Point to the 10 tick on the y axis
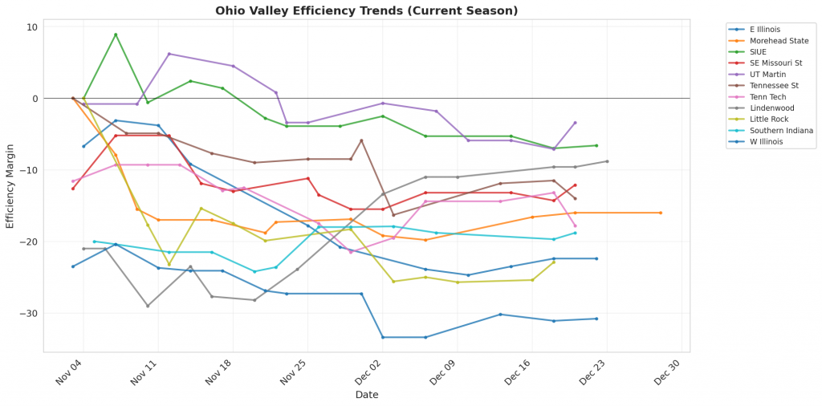coord(31,27)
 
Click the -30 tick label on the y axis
coord(29,314)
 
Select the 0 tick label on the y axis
coord(35,99)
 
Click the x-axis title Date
coord(366,395)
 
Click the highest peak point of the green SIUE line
coord(116,35)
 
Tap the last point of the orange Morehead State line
coord(661,213)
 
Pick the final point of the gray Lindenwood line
coord(607,161)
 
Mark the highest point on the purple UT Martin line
coord(169,54)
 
